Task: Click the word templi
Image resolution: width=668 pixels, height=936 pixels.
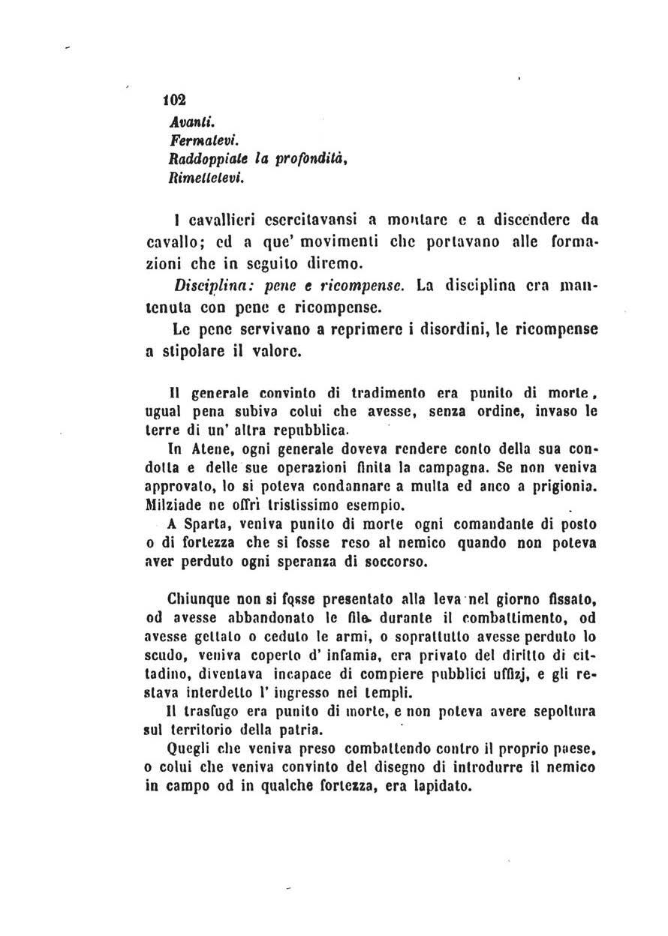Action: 391,692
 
